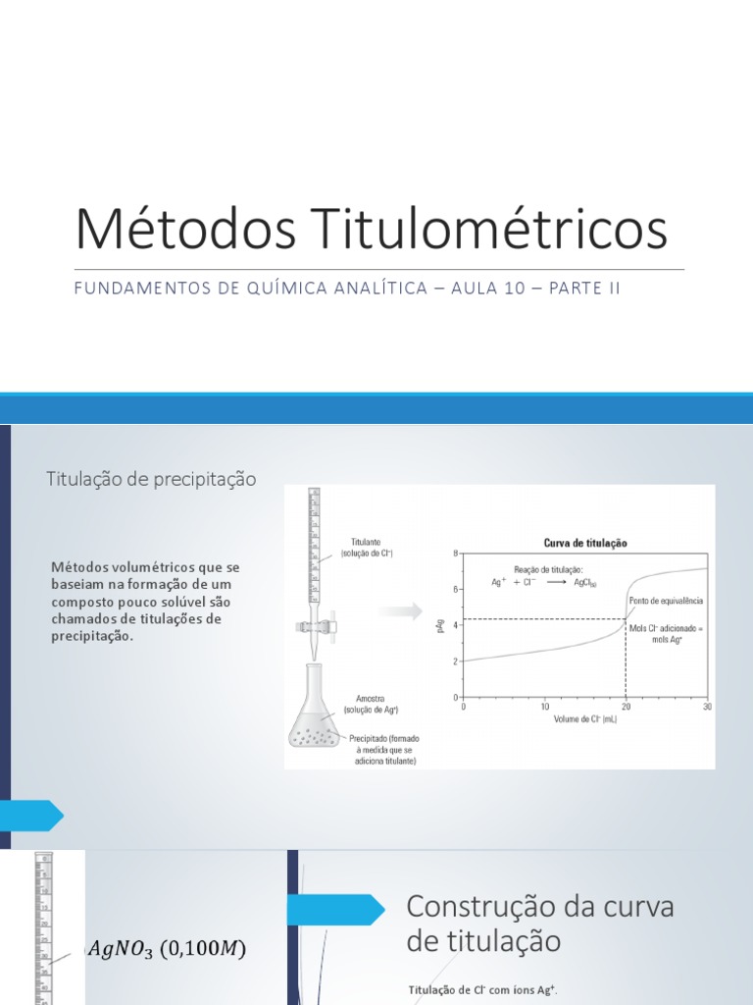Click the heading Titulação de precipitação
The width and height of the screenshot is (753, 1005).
[x=151, y=479]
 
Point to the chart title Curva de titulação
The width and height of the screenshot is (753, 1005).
[x=585, y=543]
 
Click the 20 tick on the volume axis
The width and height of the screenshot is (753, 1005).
[x=625, y=706]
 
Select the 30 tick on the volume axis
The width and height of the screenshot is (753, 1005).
[x=707, y=706]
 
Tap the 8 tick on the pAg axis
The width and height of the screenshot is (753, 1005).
[x=455, y=554]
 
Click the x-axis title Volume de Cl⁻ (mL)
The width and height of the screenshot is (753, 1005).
[x=585, y=718]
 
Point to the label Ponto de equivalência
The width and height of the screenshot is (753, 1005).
[x=666, y=601]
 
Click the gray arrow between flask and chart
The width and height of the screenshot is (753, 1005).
[x=399, y=610]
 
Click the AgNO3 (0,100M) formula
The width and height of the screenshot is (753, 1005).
[x=166, y=948]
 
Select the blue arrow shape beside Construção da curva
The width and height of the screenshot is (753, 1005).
[x=336, y=909]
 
